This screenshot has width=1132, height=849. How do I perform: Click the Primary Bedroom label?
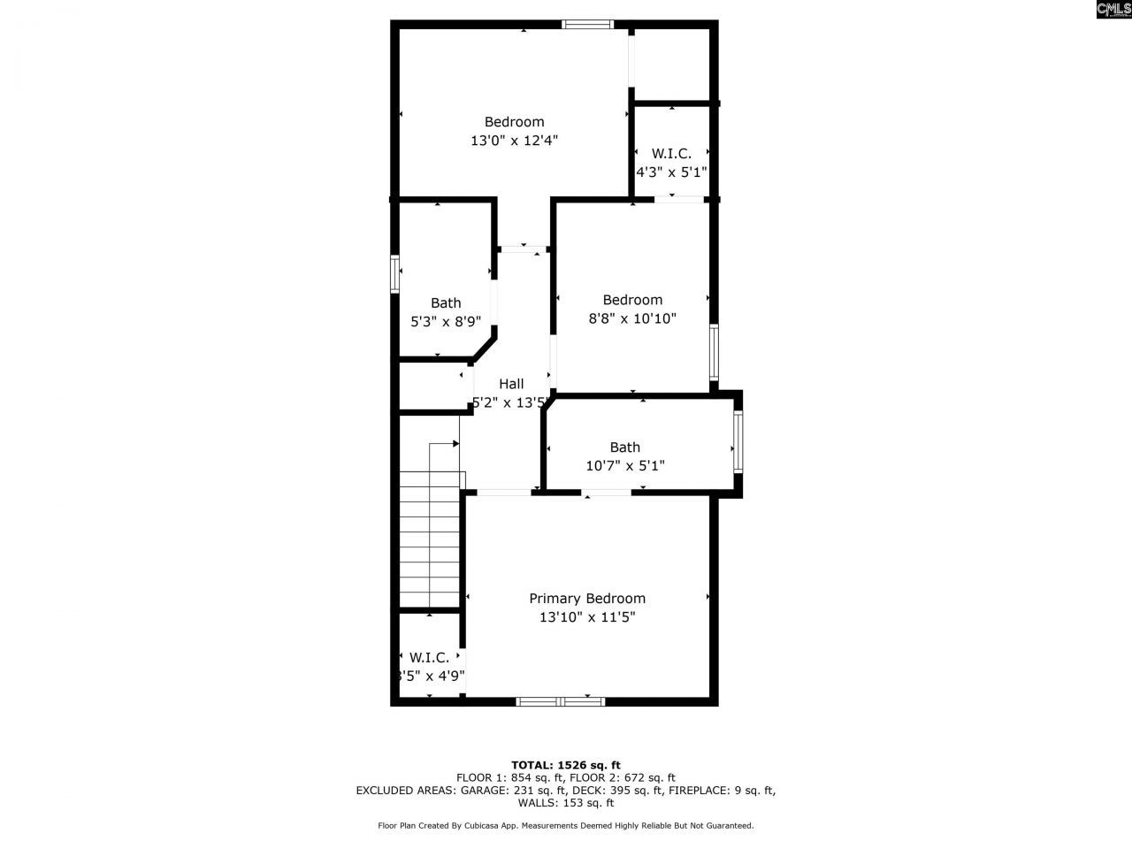[x=587, y=599]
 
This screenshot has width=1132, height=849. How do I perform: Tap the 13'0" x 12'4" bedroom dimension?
[x=514, y=140]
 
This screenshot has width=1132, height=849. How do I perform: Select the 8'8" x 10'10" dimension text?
[x=632, y=318]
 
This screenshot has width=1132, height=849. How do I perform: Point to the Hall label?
[x=511, y=384]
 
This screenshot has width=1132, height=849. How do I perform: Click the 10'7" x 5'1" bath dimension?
[x=625, y=465]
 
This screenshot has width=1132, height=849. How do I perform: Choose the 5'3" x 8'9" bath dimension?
[x=446, y=322]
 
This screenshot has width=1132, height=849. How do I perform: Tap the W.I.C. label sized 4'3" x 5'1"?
[x=671, y=153]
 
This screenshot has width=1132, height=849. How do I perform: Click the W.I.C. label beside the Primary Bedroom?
[x=429, y=657]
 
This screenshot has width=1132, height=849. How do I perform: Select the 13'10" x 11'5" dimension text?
[x=587, y=617]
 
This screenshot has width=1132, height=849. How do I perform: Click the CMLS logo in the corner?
[x=1113, y=10]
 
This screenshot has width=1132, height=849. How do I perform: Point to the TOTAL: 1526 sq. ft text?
[x=566, y=765]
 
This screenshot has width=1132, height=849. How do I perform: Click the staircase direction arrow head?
[x=456, y=443]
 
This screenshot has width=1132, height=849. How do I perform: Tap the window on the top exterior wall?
[x=588, y=25]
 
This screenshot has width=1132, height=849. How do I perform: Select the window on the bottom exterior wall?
[x=561, y=701]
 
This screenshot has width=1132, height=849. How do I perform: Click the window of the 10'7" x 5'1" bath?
[x=738, y=445]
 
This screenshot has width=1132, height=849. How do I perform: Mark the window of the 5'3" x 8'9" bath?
[x=395, y=273]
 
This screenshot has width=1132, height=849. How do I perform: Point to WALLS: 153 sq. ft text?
[x=566, y=803]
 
